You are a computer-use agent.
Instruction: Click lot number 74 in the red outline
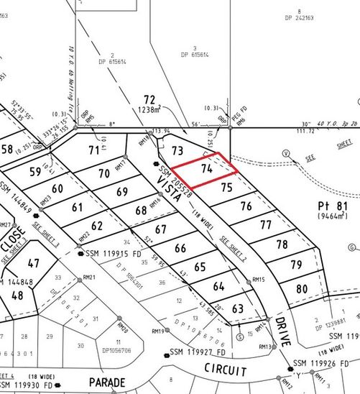206,170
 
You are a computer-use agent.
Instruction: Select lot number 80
302,289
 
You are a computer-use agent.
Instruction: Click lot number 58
7,150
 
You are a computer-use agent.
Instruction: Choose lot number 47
33,263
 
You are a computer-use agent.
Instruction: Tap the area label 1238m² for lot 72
149,111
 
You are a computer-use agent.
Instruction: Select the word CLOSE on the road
17,225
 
